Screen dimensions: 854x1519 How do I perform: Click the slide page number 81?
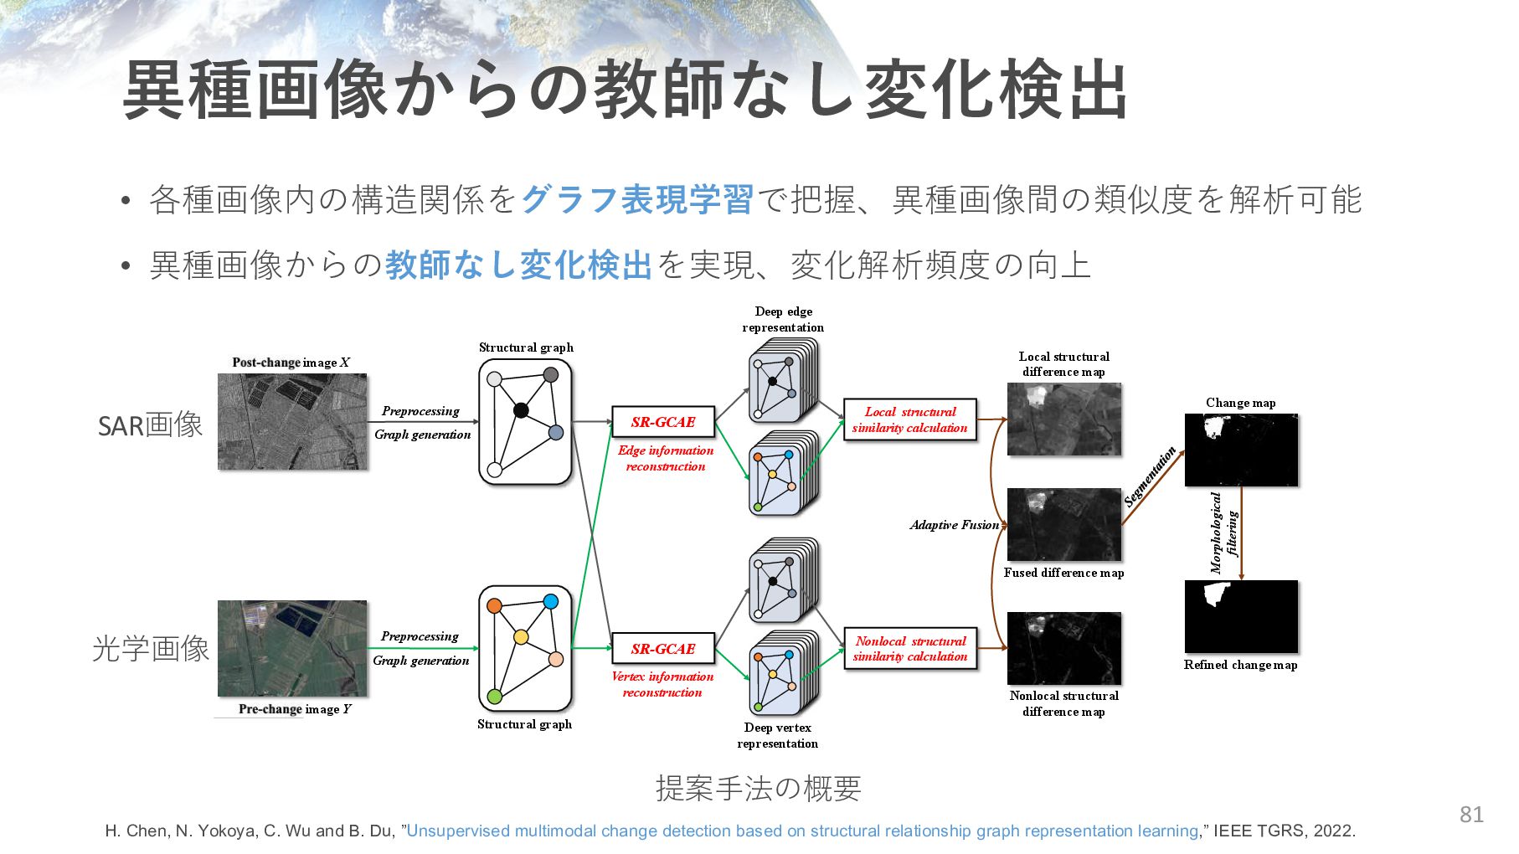(x=1471, y=814)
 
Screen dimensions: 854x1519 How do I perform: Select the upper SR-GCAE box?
(x=662, y=422)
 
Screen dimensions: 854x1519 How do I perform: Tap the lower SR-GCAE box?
(x=662, y=648)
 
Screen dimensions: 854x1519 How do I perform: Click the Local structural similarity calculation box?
(x=909, y=419)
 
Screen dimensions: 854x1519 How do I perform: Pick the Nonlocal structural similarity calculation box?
(x=909, y=649)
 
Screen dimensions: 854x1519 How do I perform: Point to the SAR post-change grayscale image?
(x=292, y=421)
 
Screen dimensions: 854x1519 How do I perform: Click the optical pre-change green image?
(x=292, y=648)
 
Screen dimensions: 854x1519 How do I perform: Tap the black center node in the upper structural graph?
(x=521, y=410)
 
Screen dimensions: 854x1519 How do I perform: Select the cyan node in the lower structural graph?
(x=550, y=601)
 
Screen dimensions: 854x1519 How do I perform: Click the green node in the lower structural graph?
(x=494, y=696)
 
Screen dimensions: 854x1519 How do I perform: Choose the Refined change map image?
(x=1241, y=616)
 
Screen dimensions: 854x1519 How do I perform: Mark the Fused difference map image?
(x=1063, y=525)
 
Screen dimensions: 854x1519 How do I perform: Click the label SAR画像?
(x=151, y=425)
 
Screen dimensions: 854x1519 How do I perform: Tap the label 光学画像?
(x=151, y=649)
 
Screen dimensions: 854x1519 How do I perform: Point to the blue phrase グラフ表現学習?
(x=637, y=200)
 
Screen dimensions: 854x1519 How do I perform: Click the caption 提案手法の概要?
(x=758, y=788)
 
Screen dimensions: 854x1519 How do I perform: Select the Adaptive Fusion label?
(x=955, y=525)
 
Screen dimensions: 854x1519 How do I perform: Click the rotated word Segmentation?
(x=1150, y=477)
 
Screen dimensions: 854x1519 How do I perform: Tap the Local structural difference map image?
(x=1063, y=419)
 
